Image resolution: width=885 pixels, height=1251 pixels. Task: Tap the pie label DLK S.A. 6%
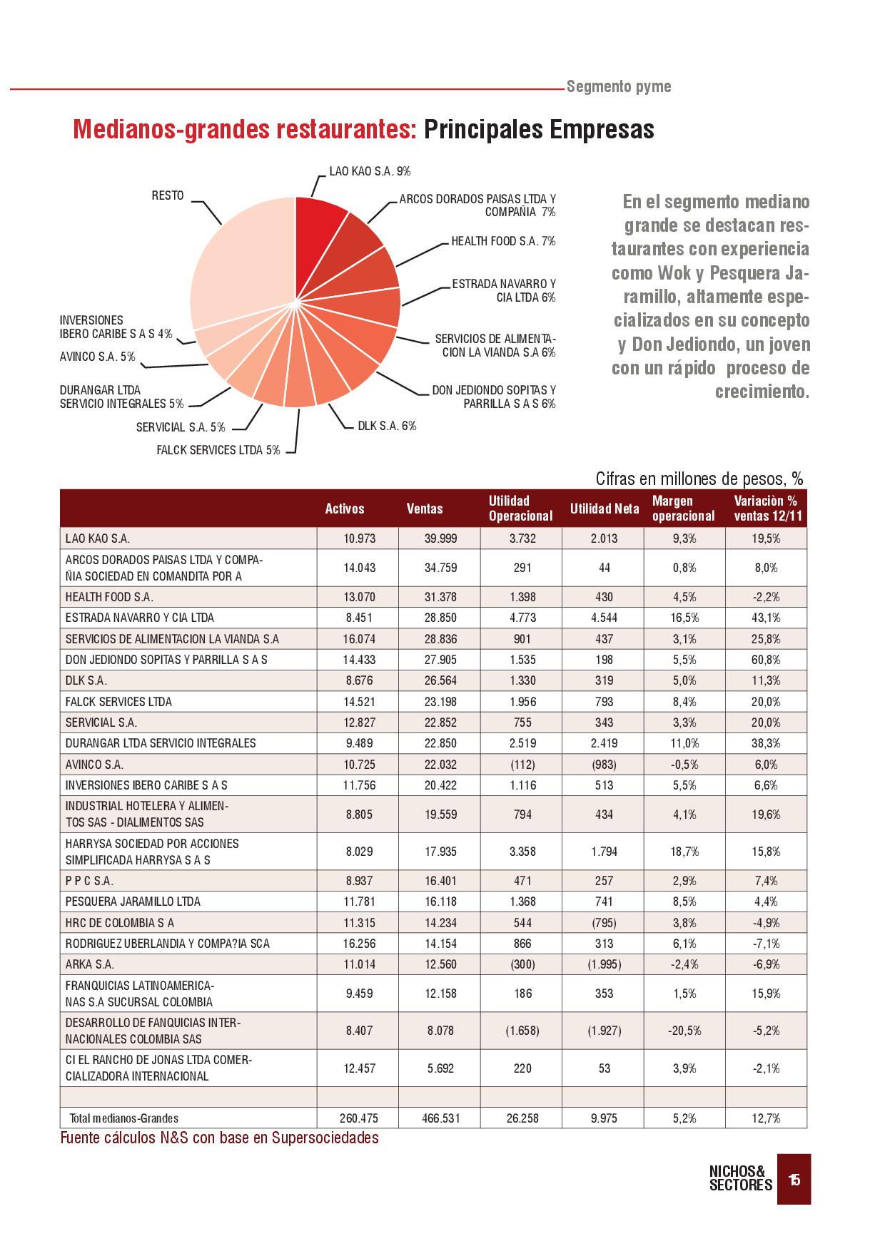[387, 427]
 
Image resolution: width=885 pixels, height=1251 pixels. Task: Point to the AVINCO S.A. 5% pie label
[98, 357]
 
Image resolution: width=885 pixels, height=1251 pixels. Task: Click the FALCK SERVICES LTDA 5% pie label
[218, 450]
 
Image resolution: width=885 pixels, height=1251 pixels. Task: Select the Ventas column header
[425, 509]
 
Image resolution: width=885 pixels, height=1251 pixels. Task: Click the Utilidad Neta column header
[605, 509]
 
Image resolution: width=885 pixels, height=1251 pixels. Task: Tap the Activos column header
[345, 509]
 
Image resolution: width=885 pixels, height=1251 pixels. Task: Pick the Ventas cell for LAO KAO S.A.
[440, 538]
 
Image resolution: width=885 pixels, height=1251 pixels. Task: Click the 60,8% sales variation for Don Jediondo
[766, 660]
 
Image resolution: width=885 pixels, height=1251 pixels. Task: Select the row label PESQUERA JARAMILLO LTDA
[133, 902]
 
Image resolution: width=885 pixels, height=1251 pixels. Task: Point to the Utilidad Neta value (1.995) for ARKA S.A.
[604, 964]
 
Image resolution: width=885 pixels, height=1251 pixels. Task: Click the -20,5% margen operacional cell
[684, 1031]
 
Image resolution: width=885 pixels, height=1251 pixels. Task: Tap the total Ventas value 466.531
[440, 1118]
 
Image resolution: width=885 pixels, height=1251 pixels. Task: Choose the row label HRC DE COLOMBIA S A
[119, 923]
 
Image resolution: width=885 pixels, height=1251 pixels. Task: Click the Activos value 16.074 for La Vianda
[359, 639]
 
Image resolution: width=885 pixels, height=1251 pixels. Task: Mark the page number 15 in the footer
[794, 1180]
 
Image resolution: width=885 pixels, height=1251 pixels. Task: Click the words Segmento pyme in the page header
[619, 87]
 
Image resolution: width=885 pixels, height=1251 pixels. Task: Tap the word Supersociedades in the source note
[330, 1138]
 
